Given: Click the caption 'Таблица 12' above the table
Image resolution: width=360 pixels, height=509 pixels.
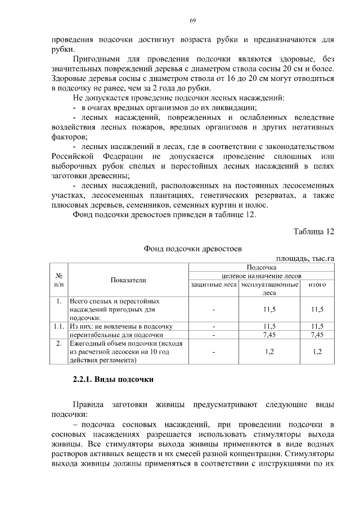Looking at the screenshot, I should click(314, 232).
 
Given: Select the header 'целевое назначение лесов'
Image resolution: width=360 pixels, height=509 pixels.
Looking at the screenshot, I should click(261, 276).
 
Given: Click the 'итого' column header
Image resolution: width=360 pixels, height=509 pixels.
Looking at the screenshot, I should click(317, 285).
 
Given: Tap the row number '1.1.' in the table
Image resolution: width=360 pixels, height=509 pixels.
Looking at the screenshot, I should click(58, 326).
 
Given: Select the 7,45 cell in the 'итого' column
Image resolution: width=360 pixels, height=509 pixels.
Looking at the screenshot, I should click(317, 334).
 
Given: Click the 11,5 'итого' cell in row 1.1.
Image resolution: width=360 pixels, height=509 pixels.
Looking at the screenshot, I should click(317, 326).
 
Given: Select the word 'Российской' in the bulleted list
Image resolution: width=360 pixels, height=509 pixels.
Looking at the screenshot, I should click(73, 156).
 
